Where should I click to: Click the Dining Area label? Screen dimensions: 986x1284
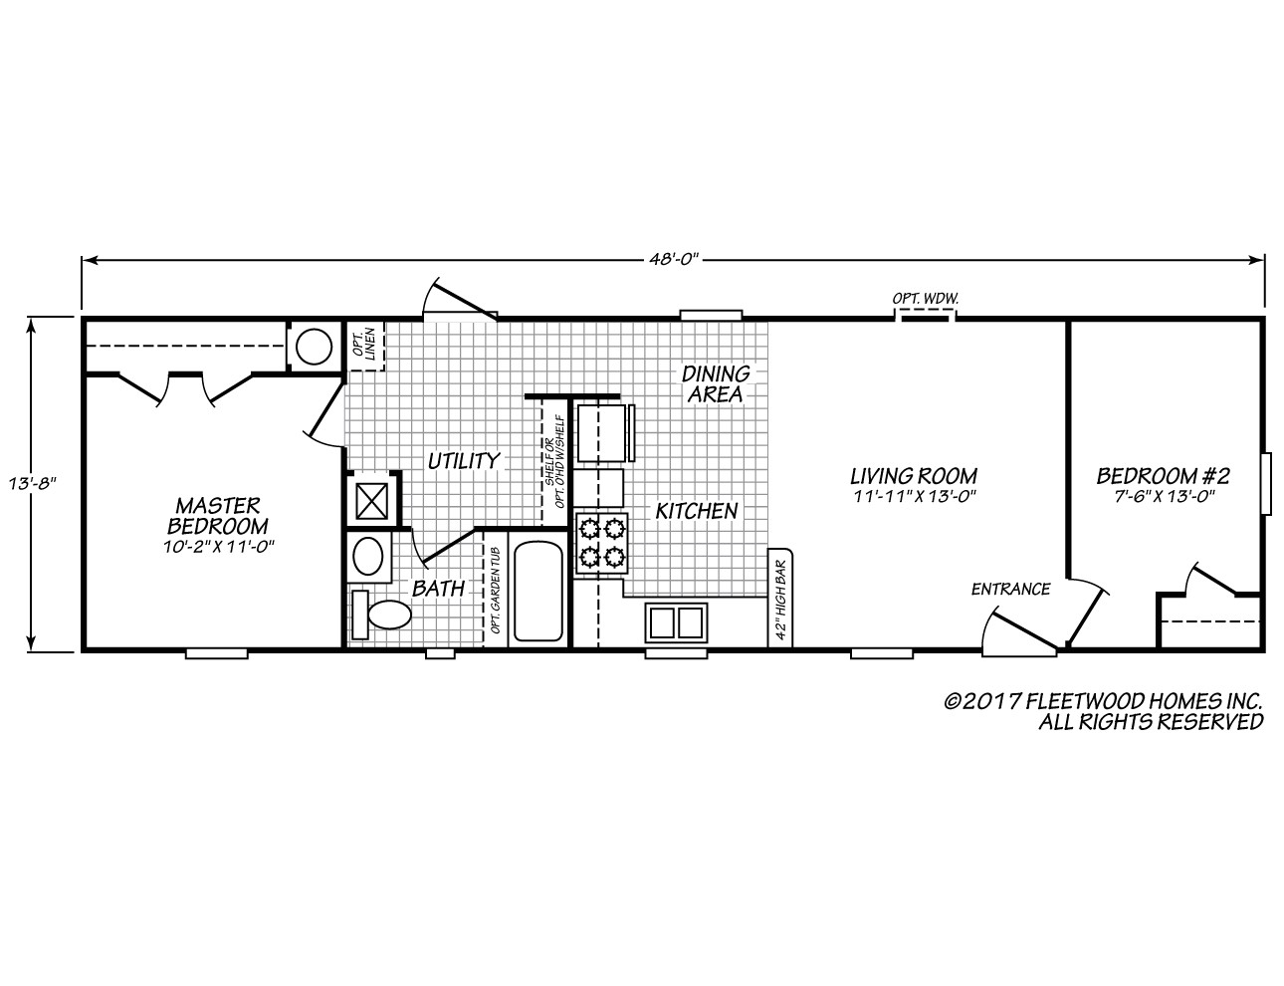coord(715,383)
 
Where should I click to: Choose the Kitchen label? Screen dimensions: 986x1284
coord(696,511)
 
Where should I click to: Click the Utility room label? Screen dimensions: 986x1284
coord(463,461)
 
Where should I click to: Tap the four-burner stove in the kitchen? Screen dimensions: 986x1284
coord(602,543)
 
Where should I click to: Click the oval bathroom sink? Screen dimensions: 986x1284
coord(371,557)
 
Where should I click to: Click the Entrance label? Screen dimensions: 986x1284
coord(1010,589)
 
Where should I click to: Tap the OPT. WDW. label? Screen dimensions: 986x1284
coord(924,298)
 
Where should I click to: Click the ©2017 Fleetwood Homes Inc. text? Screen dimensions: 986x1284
coord(1103,701)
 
